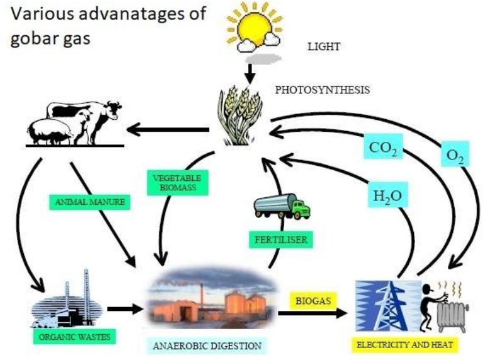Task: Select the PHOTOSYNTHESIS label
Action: tap(322, 90)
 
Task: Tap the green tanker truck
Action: tap(282, 206)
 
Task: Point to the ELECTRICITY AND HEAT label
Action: tap(405, 345)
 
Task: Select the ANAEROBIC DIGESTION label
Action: tap(208, 345)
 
